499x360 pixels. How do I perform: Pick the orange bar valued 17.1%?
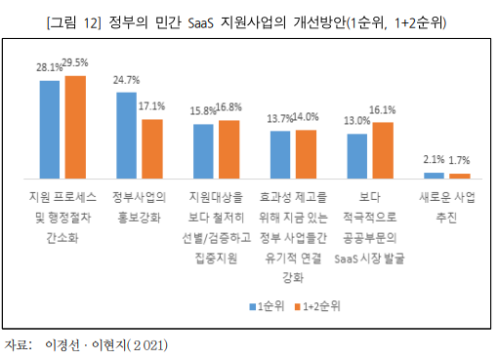[151, 148]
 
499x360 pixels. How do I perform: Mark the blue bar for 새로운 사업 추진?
[434, 176]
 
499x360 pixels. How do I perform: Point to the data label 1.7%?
[458, 159]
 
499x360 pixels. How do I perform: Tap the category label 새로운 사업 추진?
[445, 206]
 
